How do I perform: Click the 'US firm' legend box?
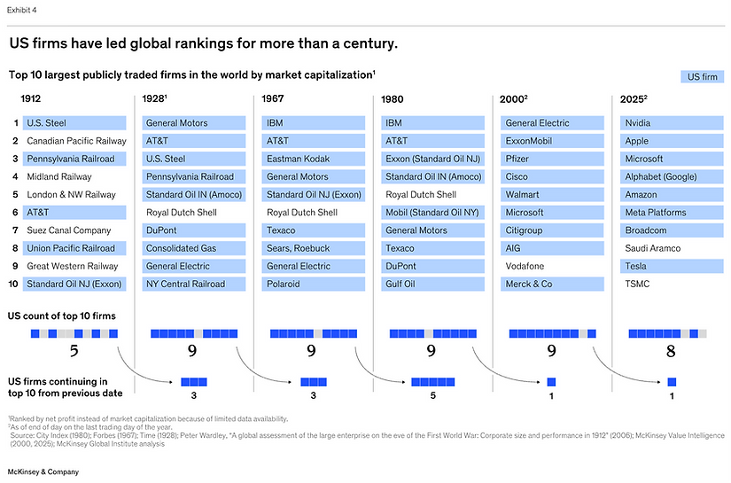coord(704,78)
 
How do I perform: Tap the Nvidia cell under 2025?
coord(637,123)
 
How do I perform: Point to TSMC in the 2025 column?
coord(638,284)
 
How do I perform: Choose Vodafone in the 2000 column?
coord(526,266)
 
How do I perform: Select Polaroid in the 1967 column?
coord(284,284)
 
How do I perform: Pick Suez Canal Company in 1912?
coord(68,230)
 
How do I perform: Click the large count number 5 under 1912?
coord(74,351)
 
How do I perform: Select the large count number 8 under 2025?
coord(671,351)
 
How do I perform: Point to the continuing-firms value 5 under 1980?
coord(432,396)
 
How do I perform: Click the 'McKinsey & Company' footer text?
coord(44,471)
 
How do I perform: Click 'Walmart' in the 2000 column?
coord(524,195)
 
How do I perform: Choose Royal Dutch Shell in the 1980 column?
coord(421,195)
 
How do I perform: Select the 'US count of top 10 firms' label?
coord(61,316)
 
